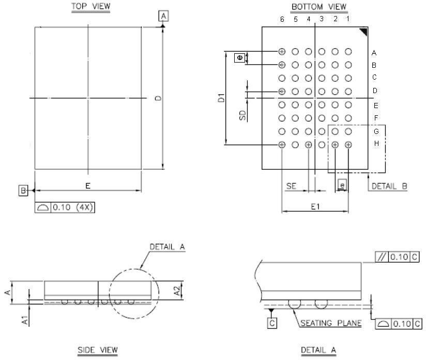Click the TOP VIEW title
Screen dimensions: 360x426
(90, 6)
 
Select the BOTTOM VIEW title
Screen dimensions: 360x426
(319, 7)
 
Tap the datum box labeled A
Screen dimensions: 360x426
(163, 17)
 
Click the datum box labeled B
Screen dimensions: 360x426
(23, 191)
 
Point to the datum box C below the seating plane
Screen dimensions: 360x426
(272, 323)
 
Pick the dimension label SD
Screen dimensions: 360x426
(242, 115)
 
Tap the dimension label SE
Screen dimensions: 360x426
(292, 186)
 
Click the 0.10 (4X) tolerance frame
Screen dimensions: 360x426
(66, 207)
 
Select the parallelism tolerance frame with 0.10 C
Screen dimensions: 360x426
(397, 257)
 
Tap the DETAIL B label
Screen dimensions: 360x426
(389, 187)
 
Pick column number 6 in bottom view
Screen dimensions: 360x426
(282, 19)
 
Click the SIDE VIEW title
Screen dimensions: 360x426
(98, 350)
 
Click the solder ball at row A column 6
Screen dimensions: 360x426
(282, 52)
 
